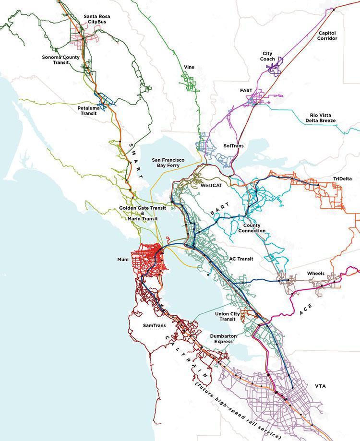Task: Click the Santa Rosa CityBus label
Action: tap(96, 19)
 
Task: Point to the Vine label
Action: tap(189, 67)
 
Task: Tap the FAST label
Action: tap(246, 90)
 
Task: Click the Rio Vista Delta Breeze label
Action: tap(323, 118)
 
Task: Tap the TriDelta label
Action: tap(342, 179)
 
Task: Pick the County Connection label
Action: tap(254, 228)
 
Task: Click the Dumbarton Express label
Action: tap(221, 339)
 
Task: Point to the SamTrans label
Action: tap(155, 325)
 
